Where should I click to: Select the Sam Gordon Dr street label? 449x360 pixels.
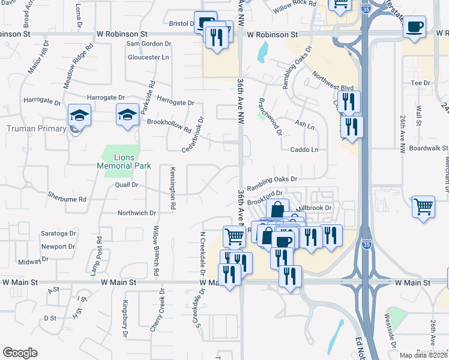click(x=148, y=44)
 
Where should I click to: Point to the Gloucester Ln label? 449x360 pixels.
click(x=148, y=58)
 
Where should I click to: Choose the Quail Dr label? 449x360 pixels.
click(x=127, y=185)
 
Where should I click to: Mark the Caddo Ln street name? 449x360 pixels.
click(x=304, y=149)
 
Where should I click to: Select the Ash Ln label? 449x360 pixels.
click(x=304, y=126)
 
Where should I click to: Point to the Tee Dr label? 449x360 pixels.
click(x=417, y=83)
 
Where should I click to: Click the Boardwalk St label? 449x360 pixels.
click(x=429, y=148)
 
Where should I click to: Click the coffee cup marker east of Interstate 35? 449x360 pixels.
click(x=414, y=27)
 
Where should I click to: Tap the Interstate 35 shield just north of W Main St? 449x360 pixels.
click(x=366, y=245)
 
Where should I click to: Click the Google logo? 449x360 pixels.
click(x=20, y=353)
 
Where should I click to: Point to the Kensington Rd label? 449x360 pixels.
click(x=172, y=188)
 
